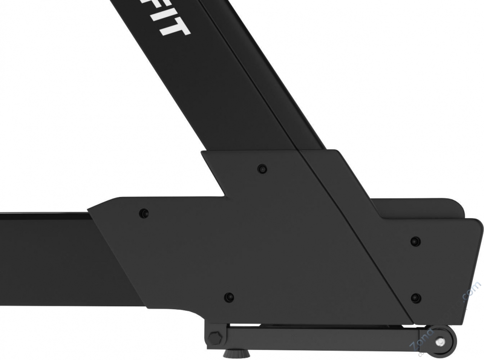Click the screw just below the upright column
click(x=262, y=169)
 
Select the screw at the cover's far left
click(x=144, y=213)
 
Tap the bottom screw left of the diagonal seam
click(x=229, y=297)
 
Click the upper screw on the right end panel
click(x=415, y=241)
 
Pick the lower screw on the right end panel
click(x=415, y=297)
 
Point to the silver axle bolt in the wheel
click(x=439, y=342)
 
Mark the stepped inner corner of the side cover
click(x=224, y=195)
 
